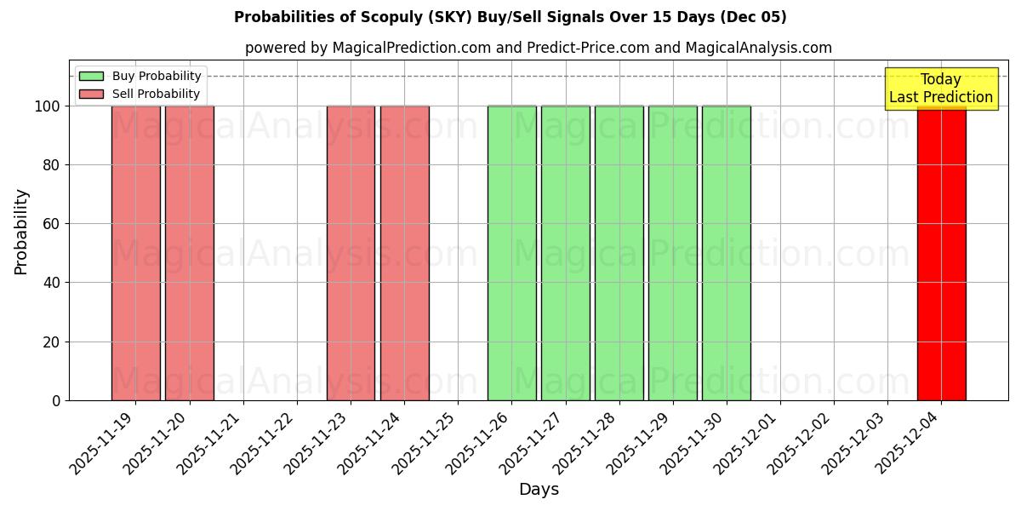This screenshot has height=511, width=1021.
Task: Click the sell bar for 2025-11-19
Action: pos(136,253)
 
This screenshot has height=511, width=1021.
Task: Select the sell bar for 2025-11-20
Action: pos(190,253)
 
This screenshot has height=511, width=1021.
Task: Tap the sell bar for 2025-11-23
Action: pos(351,253)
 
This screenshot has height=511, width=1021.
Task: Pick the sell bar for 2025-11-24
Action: pos(404,253)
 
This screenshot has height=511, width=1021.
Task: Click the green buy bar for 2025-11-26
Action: pos(511,253)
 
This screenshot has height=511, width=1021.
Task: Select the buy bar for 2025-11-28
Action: pos(619,253)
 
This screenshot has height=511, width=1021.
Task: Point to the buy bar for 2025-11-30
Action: pos(727,253)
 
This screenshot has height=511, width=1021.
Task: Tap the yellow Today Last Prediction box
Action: pos(940,89)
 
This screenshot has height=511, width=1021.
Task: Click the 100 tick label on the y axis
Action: pos(48,106)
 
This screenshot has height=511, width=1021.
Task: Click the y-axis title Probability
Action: pos(21,231)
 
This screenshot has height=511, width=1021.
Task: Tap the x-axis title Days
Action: pos(539,490)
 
